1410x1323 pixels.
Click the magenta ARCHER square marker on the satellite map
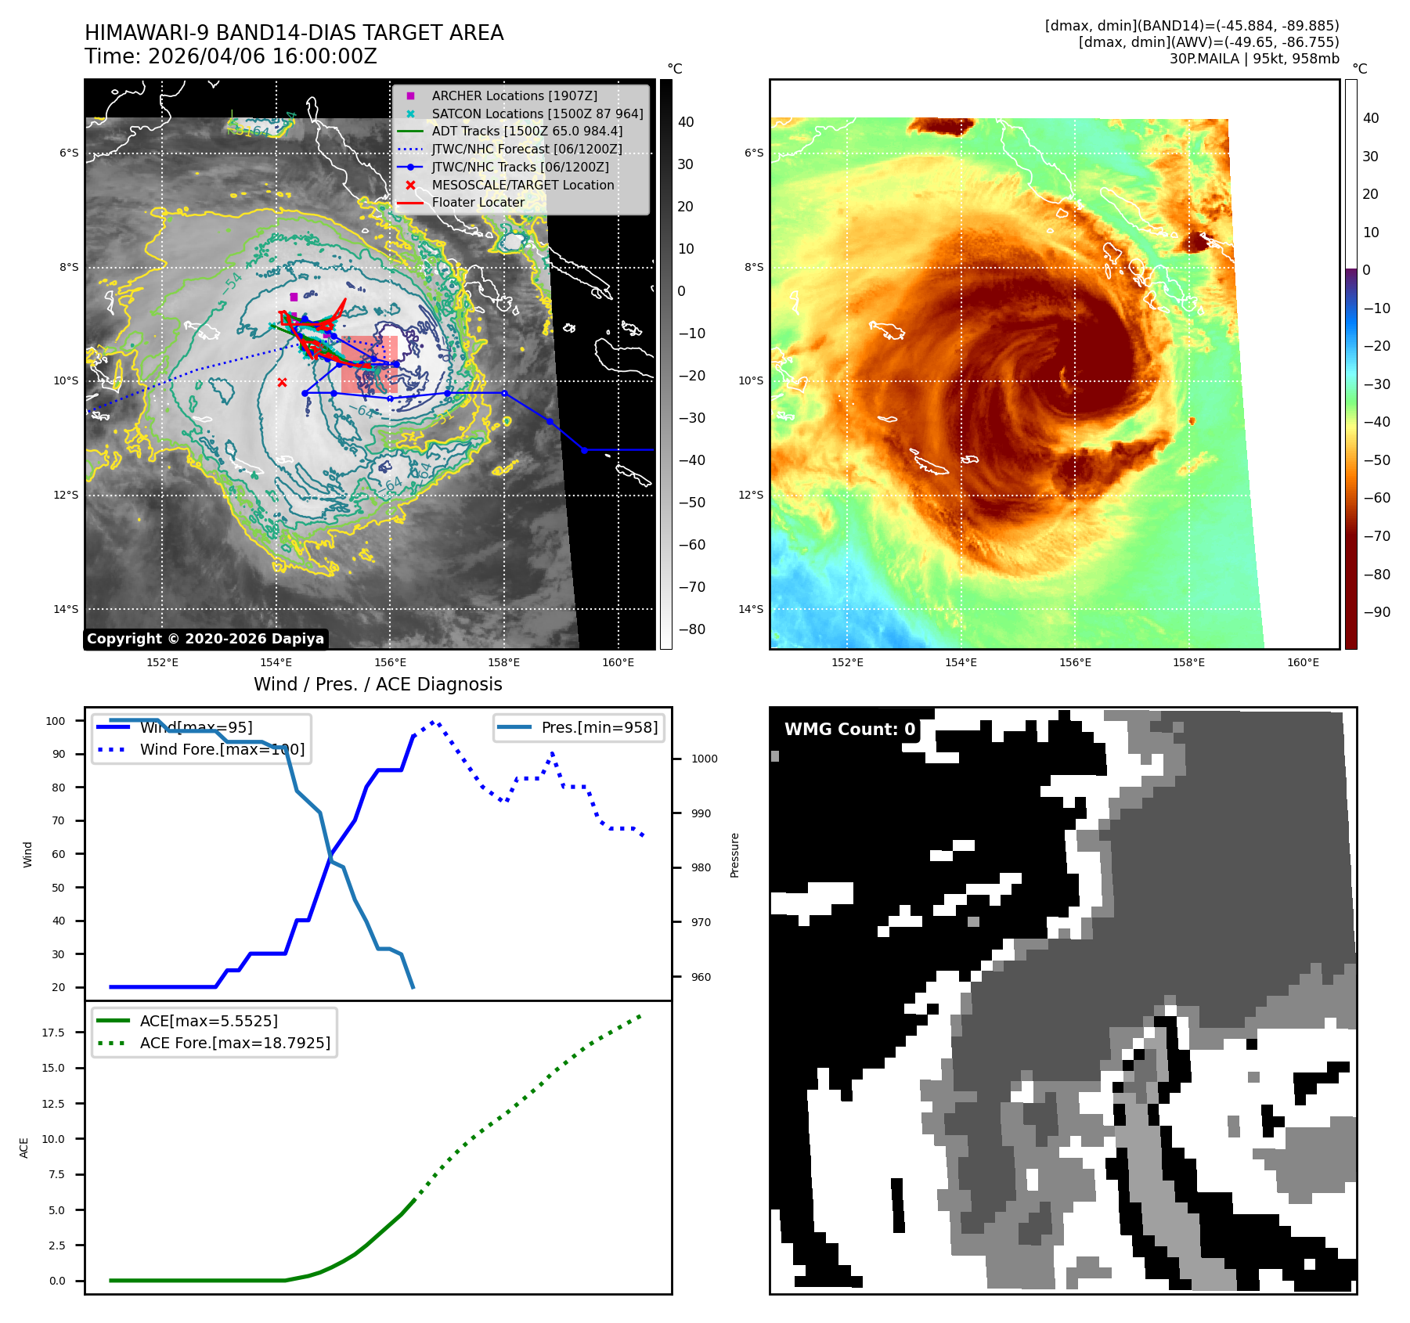click(294, 297)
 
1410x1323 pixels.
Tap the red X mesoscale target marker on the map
click(282, 382)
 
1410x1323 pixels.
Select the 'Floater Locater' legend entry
click(478, 203)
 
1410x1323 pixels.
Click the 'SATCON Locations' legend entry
click(537, 114)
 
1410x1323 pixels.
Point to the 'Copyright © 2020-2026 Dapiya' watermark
click(205, 639)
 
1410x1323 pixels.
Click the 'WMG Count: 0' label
click(849, 730)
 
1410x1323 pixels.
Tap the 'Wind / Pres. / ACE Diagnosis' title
click(377, 684)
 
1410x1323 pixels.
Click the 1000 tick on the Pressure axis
click(704, 759)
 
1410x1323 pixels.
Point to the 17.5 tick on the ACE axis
click(53, 1033)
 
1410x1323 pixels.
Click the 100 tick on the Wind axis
click(56, 721)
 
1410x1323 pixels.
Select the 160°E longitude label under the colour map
click(1303, 662)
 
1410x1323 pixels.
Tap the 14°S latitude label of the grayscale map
click(67, 609)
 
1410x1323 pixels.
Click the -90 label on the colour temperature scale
click(1376, 612)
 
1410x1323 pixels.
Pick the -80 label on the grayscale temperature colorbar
click(691, 629)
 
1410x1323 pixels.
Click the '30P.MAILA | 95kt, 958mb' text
click(1254, 59)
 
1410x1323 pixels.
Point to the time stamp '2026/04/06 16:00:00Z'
click(262, 57)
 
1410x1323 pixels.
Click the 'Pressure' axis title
click(734, 855)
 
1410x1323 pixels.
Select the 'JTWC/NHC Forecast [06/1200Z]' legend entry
click(526, 149)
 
